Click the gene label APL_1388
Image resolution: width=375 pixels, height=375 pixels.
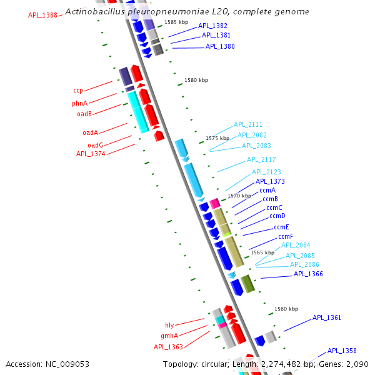point(42,15)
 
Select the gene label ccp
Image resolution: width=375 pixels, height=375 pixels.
point(78,91)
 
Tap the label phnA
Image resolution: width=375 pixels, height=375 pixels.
point(79,103)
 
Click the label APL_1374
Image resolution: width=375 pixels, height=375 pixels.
point(90,154)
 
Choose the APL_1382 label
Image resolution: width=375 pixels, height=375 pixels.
point(212,26)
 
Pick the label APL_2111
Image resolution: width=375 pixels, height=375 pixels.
point(248,125)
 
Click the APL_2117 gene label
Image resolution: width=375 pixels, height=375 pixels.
point(261,160)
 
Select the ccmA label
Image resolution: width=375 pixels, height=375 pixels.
point(267,190)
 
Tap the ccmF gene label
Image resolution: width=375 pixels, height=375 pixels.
point(286,237)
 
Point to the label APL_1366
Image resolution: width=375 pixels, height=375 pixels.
point(308,274)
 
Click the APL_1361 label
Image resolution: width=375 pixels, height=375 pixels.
point(327,318)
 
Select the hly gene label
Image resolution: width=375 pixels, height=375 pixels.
point(169,325)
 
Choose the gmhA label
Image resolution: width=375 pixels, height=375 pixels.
point(169,336)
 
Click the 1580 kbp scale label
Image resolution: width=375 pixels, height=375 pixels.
point(196,81)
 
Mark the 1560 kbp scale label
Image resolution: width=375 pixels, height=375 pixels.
point(286,309)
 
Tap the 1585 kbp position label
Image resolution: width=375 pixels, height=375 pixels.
point(176,22)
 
